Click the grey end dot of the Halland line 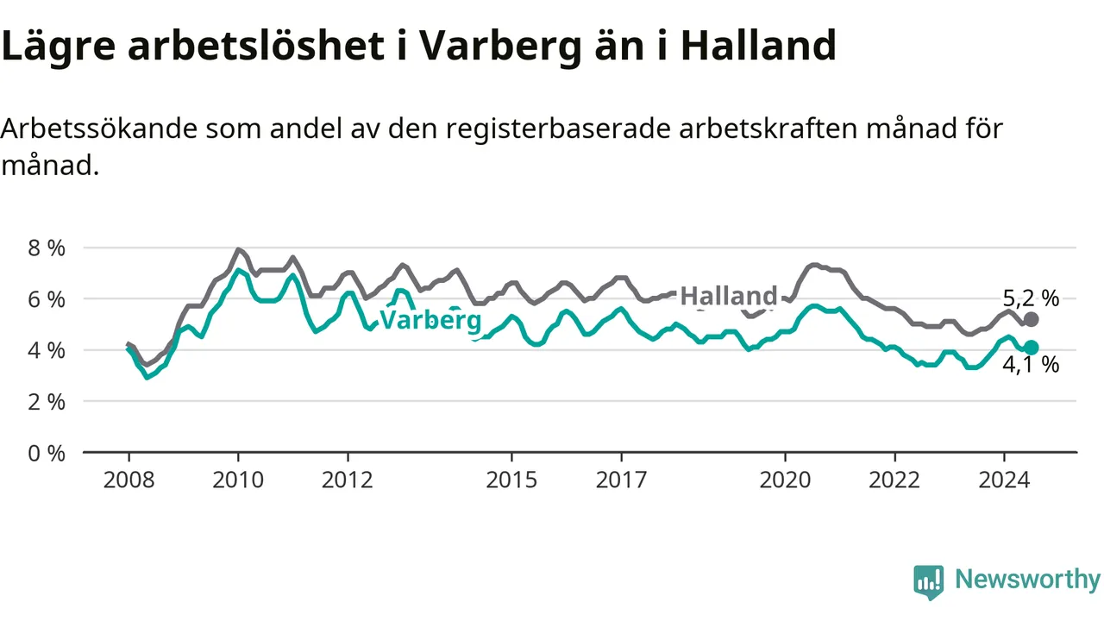click(1031, 319)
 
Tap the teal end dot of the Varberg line click(1031, 348)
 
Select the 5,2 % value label click(1031, 298)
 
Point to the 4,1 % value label click(1031, 365)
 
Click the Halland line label click(729, 296)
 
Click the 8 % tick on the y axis click(47, 248)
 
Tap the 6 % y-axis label click(47, 299)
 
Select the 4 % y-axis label click(47, 350)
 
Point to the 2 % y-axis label click(47, 402)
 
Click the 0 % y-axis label click(47, 454)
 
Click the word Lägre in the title click(58, 47)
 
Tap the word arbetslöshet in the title click(256, 46)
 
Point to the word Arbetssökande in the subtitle click(99, 129)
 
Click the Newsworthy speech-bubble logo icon click(929, 582)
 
